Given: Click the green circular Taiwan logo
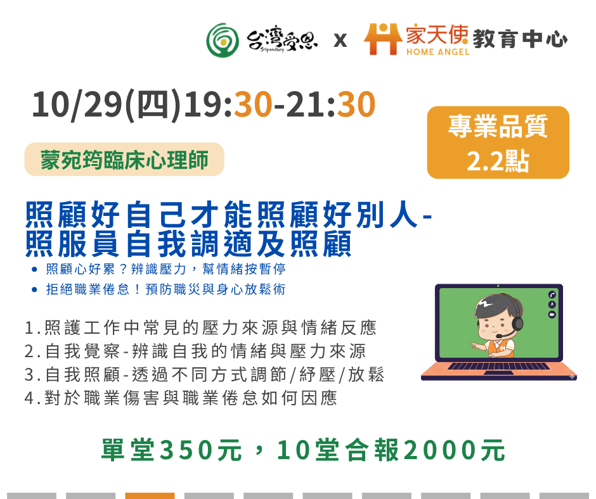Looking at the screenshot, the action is point(223,41).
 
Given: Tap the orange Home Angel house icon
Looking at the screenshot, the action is point(383,39).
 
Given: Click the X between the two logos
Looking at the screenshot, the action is point(340,41).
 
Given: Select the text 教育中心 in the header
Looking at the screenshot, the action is point(520,39).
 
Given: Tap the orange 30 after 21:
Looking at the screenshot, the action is point(356,104).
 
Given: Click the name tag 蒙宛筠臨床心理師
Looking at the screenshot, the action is point(124,160).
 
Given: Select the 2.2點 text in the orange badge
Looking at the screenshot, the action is point(498,161).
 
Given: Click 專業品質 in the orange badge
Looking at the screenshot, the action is point(498,126).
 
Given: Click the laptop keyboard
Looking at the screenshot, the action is point(498,366).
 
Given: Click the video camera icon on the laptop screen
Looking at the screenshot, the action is point(552,315).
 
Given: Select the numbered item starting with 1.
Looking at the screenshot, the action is point(200,328).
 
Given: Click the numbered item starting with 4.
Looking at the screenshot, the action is point(181,398).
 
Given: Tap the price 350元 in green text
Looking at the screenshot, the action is point(201,450).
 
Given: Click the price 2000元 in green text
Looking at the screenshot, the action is point(454,450).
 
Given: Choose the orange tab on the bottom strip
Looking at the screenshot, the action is point(150,496).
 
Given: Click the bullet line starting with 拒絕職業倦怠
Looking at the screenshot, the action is point(165,289).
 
